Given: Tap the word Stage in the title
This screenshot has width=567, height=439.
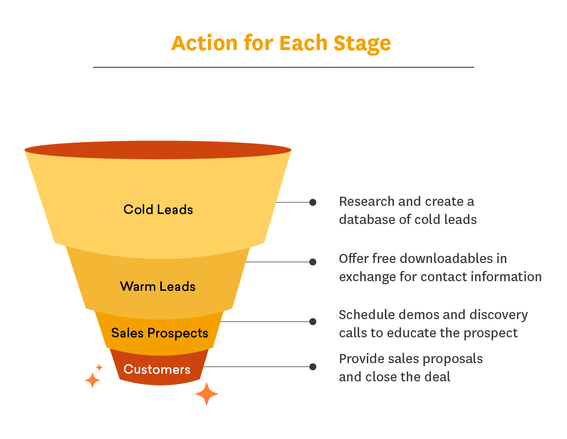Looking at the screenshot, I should click(x=362, y=44).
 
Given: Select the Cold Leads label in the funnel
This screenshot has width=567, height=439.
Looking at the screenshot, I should click(x=158, y=209).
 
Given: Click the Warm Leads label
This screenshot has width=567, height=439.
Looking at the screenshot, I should click(x=158, y=286).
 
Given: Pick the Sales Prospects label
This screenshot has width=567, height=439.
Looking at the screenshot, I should click(x=160, y=333).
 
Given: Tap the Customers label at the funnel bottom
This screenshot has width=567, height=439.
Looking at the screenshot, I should click(x=157, y=369).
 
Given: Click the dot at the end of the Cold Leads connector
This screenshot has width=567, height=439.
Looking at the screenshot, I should click(x=313, y=202).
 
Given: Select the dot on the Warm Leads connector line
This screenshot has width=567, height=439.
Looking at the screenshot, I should click(x=313, y=262).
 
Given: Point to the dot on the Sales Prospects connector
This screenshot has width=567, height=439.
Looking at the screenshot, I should click(x=313, y=322).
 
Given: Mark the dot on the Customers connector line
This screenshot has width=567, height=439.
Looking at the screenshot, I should click(x=313, y=367).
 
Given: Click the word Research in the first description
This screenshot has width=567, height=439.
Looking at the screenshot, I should click(x=366, y=201).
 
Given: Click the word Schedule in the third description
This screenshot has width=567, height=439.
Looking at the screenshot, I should click(x=367, y=315).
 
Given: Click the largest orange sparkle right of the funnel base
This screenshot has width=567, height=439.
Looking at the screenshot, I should click(x=206, y=394).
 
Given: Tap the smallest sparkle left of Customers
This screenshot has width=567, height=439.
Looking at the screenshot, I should click(x=100, y=368).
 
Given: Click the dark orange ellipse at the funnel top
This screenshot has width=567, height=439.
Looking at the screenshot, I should click(x=158, y=150).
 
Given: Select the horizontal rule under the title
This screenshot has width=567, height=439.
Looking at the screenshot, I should click(x=283, y=67).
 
